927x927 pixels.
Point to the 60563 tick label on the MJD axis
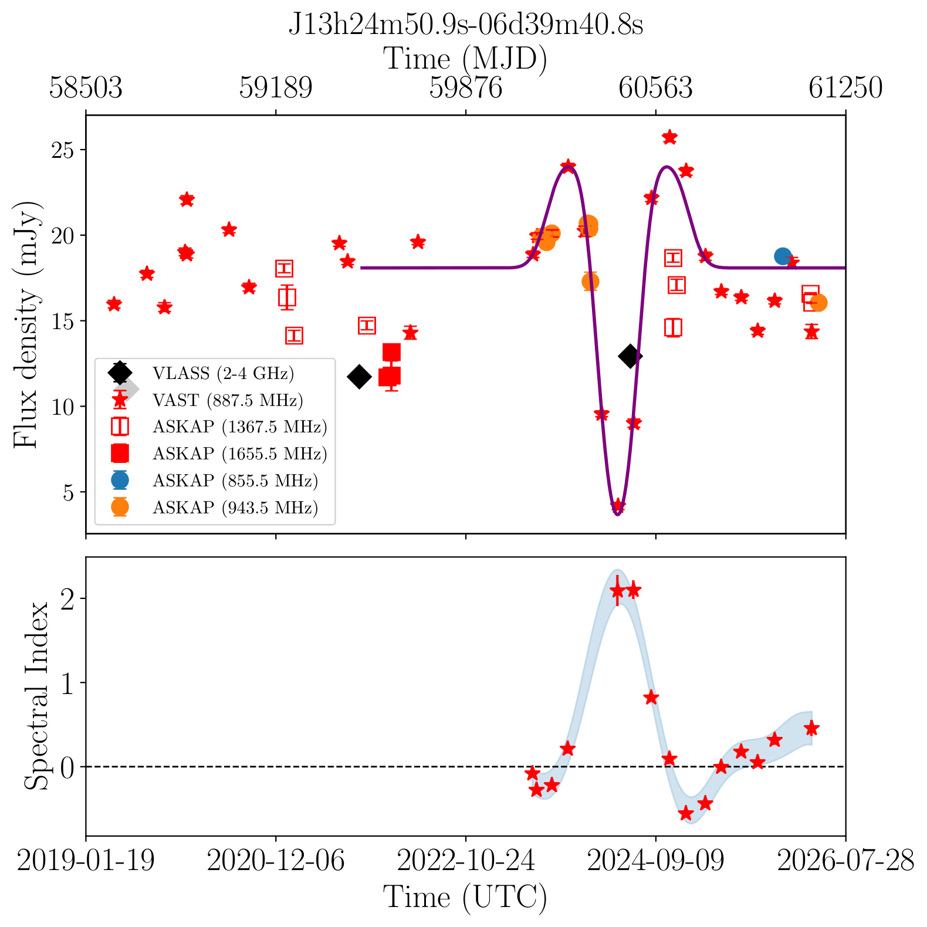pyautogui.click(x=655, y=88)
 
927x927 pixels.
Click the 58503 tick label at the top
pyautogui.click(x=86, y=88)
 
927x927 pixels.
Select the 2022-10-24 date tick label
pyautogui.click(x=466, y=861)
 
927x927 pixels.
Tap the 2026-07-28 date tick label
pyautogui.click(x=845, y=861)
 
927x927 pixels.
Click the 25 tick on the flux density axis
pyautogui.click(x=64, y=150)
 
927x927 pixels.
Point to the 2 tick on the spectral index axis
pyautogui.click(x=69, y=599)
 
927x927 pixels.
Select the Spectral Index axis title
pyautogui.click(x=37, y=696)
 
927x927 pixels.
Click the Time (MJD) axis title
pyautogui.click(x=465, y=59)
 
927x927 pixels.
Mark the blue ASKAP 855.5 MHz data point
pyautogui.click(x=783, y=256)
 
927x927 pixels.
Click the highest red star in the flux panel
pyautogui.click(x=669, y=137)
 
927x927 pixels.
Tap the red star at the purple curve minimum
pyautogui.click(x=617, y=506)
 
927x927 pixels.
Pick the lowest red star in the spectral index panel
pyautogui.click(x=686, y=813)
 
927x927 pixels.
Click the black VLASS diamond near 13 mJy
pyautogui.click(x=630, y=356)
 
